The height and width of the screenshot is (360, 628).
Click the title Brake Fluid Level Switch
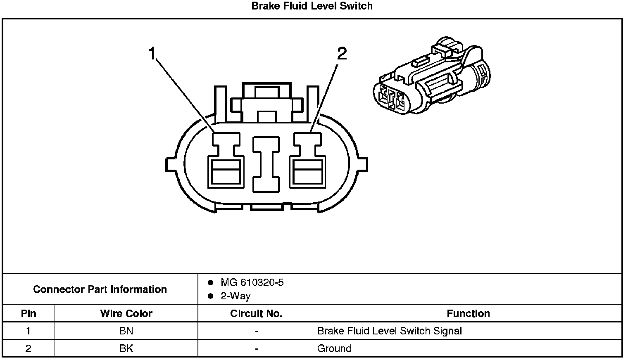(x=312, y=6)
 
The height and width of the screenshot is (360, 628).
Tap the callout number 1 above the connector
(x=152, y=54)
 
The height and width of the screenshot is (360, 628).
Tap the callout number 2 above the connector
(x=342, y=54)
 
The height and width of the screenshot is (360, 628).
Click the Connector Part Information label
(x=100, y=289)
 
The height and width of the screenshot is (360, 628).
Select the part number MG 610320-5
(x=252, y=283)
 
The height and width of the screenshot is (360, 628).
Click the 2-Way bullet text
(x=235, y=296)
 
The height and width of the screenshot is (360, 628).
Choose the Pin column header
(x=29, y=313)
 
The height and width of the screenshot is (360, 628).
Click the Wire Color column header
(x=126, y=313)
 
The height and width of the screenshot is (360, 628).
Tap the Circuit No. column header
(x=256, y=313)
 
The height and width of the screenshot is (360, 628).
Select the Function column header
(x=468, y=313)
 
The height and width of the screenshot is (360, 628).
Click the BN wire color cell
(x=126, y=331)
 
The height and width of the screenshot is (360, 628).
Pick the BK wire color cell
(x=126, y=348)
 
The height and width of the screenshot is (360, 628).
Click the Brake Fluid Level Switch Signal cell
(x=389, y=331)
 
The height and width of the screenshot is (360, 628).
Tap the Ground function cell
(x=334, y=348)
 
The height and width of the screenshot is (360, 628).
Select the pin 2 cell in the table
(x=29, y=348)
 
